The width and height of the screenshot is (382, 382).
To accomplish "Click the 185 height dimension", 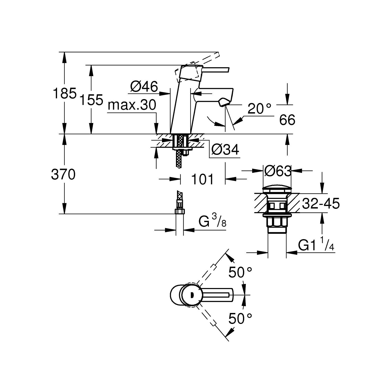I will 64,93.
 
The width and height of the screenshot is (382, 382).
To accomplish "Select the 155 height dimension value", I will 91,100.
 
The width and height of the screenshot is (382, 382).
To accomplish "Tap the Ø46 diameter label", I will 144,87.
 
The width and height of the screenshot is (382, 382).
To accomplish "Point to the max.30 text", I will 132,105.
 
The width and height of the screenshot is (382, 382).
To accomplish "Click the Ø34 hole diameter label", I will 225,149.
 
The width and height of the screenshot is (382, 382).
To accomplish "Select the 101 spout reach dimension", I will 202,180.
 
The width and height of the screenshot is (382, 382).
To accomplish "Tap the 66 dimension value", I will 287,120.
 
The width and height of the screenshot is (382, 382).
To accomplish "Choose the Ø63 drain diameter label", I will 278,171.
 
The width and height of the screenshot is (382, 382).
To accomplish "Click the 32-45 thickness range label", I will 321,204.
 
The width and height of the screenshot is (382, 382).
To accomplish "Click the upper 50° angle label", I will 240,272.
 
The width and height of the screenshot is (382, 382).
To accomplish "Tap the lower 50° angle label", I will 240,319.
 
